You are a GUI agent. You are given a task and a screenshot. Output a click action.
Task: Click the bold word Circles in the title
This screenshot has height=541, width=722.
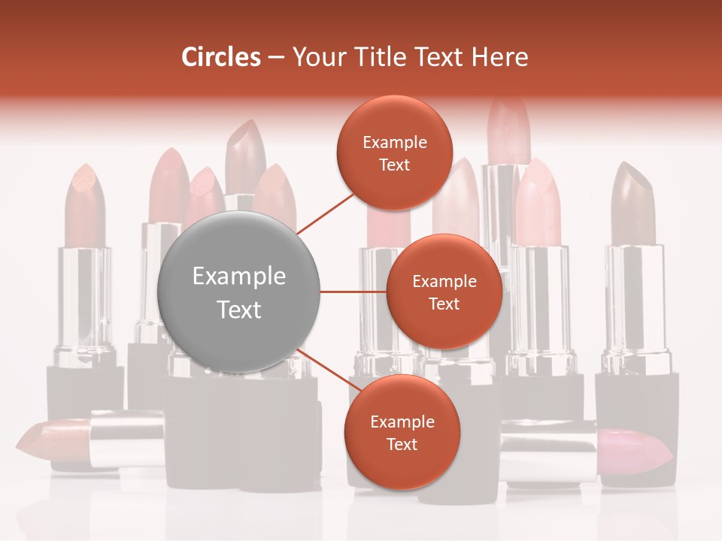click(x=221, y=57)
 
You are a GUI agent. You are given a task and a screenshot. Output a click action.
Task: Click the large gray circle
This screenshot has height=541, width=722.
click(x=238, y=292)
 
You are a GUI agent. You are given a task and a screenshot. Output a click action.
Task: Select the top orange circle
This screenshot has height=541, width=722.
click(x=394, y=153)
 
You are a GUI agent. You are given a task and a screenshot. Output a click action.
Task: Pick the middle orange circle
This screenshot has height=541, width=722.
click(x=444, y=292)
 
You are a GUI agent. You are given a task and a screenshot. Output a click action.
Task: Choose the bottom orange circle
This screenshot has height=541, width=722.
click(x=402, y=432)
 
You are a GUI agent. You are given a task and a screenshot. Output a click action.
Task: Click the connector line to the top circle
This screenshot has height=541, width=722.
click(x=325, y=212)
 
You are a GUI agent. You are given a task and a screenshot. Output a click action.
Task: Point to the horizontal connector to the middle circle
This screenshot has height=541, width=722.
click(x=353, y=292)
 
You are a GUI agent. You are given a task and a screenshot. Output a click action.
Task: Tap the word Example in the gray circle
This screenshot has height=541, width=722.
click(x=238, y=277)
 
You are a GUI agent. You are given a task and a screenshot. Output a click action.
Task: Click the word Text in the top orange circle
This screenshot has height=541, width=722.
click(x=394, y=165)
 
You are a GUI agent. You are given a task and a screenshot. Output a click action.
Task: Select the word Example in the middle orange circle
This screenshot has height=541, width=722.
click(x=444, y=281)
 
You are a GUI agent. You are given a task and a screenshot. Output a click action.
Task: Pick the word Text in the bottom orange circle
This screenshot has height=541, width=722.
click(x=402, y=444)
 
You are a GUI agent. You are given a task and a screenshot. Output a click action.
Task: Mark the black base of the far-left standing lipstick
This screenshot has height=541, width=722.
click(x=84, y=391)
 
